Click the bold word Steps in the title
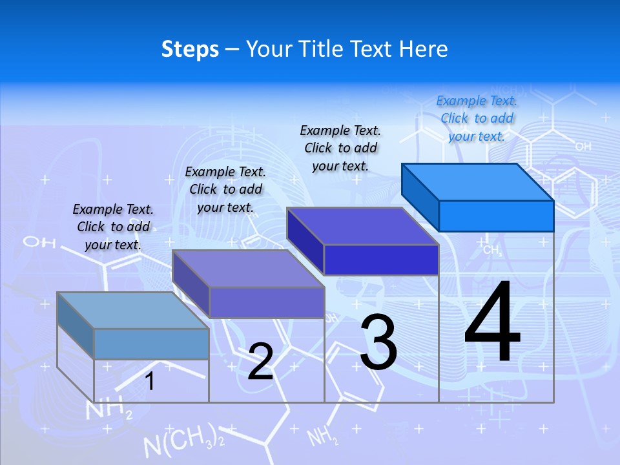click(x=190, y=49)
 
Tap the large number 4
click(x=492, y=323)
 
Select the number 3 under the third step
click(x=378, y=342)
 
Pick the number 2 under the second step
click(x=260, y=362)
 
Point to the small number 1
click(x=150, y=382)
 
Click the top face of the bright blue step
click(x=478, y=181)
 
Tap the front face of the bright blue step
click(x=496, y=216)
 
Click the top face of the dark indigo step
click(x=362, y=225)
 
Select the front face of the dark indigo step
click(x=381, y=260)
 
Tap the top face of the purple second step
click(x=248, y=268)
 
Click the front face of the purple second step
click(x=266, y=302)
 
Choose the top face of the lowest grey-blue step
click(x=133, y=310)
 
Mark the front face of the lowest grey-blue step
click(x=151, y=344)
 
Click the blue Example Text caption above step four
click(x=477, y=118)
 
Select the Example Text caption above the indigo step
click(x=340, y=148)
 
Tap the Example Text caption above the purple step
click(x=225, y=189)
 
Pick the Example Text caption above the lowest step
click(x=113, y=227)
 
